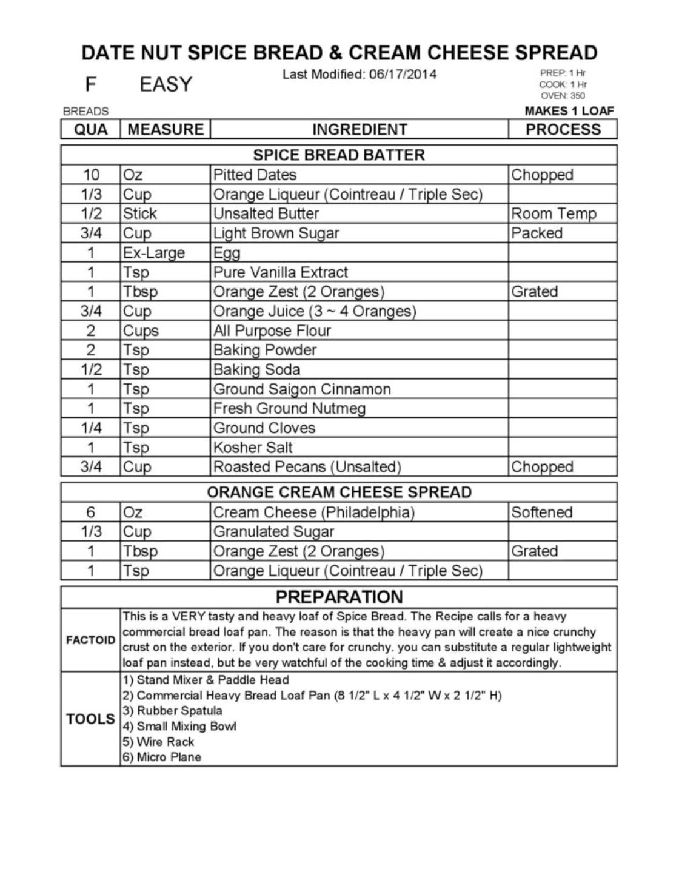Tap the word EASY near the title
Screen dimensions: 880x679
166,84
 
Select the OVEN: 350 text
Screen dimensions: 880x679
563,96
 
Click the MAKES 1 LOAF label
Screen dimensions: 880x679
569,111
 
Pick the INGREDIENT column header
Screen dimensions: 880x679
359,129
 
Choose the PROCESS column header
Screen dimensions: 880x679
563,129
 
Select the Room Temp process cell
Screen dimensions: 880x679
554,213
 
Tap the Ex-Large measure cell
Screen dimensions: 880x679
154,252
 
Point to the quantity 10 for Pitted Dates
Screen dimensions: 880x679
91,175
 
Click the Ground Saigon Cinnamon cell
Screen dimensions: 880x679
302,389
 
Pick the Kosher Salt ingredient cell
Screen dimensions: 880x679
253,448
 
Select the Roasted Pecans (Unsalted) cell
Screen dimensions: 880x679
307,467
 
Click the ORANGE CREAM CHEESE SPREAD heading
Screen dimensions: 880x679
339,492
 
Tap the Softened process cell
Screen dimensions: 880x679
541,512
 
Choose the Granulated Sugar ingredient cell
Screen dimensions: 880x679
273,532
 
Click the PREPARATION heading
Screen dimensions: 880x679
339,597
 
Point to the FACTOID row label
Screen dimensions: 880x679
90,640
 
